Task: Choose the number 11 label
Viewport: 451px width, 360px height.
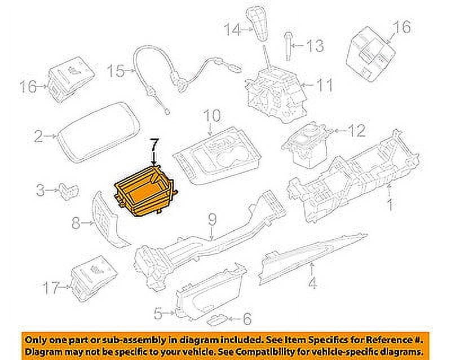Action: tap(324, 86)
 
